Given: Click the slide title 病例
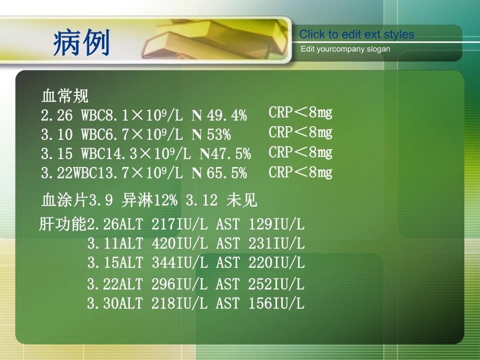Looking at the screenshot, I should [x=81, y=42].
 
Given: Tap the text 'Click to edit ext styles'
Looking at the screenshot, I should [x=356, y=35].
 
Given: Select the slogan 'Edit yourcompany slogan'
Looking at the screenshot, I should [x=345, y=49].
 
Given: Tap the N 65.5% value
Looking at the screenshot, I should [x=219, y=174].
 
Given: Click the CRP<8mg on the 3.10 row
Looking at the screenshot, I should [x=301, y=133].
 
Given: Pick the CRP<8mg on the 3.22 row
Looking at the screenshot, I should [x=301, y=172].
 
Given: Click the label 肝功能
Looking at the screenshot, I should [x=63, y=225].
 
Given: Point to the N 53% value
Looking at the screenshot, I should [x=211, y=135].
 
